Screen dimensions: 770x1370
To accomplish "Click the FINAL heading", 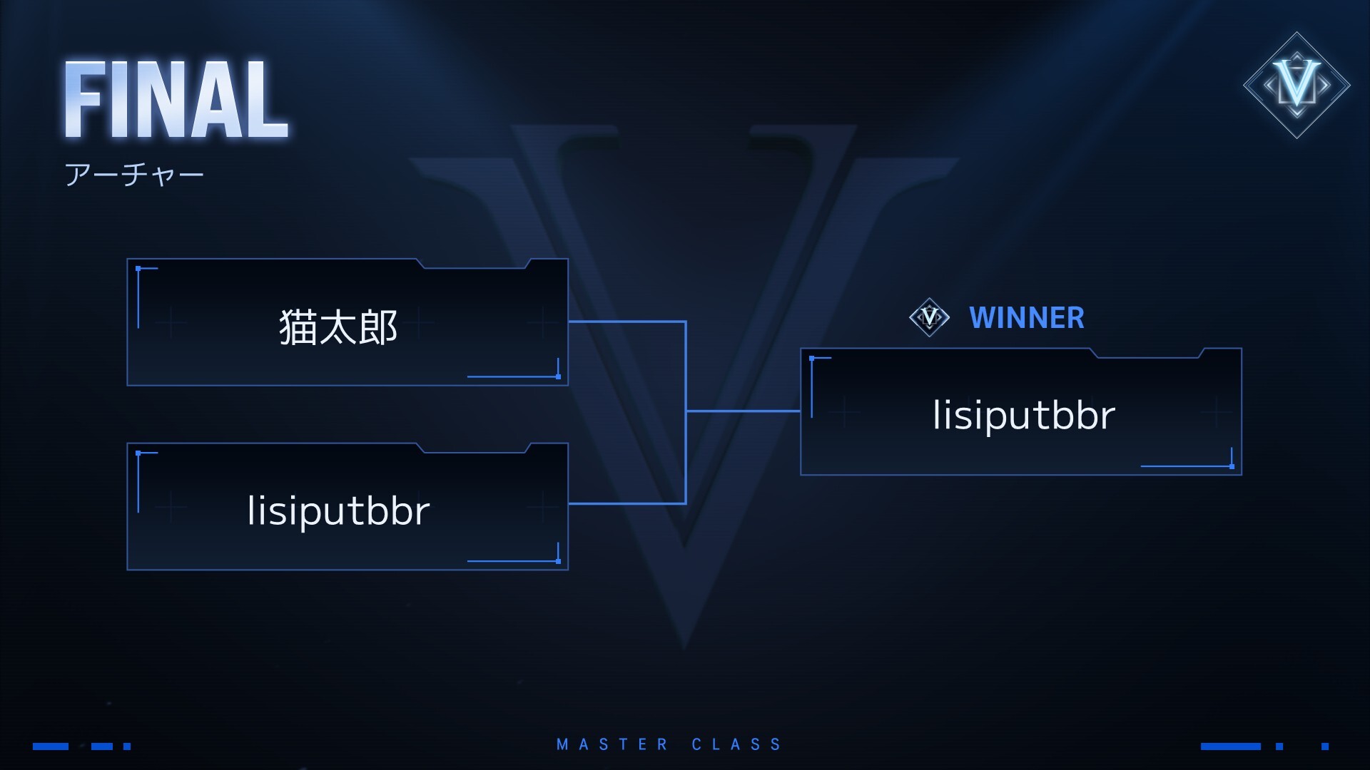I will coord(176,100).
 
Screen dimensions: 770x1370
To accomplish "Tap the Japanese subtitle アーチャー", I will coord(134,175).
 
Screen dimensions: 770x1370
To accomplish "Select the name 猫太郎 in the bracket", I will coord(338,327).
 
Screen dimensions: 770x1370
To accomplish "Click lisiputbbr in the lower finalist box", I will coord(338,510).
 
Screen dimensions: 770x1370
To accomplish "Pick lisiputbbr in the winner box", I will coord(1024,415).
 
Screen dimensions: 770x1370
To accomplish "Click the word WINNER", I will coord(1026,318).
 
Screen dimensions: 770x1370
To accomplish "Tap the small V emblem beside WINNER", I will coord(929,317).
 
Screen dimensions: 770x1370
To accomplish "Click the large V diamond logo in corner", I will coord(1297,85).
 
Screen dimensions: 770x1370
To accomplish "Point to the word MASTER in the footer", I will coord(612,745).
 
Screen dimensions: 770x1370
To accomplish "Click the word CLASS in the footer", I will coord(736,745).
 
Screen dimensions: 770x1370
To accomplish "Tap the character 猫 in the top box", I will coord(298,327).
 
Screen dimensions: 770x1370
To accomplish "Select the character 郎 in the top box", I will coord(379,327).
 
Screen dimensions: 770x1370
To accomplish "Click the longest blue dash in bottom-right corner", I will coord(1230,746).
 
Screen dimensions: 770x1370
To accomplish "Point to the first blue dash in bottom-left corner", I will coord(51,746).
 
